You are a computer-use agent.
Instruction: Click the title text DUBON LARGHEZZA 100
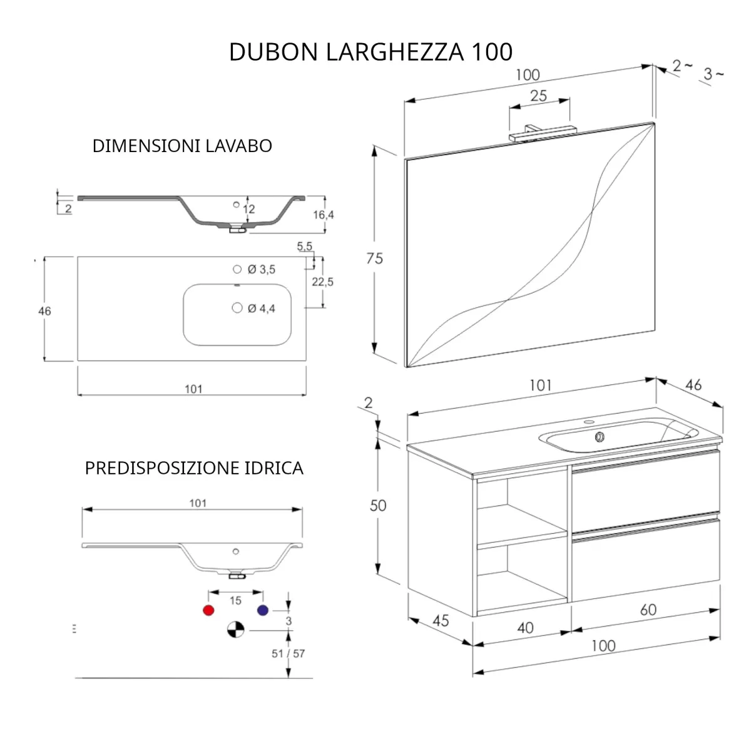[x=370, y=52]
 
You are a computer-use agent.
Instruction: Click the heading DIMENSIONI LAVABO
[x=182, y=146]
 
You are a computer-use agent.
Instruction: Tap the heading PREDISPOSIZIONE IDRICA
[x=194, y=468]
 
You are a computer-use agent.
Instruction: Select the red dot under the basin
[x=209, y=610]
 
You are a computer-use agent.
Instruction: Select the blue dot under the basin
[x=263, y=610]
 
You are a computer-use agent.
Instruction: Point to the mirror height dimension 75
[x=374, y=258]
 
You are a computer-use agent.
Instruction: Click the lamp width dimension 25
[x=538, y=96]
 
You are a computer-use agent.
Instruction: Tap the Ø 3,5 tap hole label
[x=261, y=270]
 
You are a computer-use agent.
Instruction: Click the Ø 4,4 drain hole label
[x=261, y=309]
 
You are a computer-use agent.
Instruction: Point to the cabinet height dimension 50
[x=378, y=505]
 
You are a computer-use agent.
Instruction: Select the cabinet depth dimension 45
[x=441, y=620]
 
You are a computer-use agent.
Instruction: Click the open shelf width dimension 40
[x=525, y=627]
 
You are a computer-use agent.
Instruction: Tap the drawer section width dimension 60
[x=648, y=610]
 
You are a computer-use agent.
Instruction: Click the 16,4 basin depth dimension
[x=323, y=215]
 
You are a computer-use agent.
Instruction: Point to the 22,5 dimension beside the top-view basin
[x=322, y=282]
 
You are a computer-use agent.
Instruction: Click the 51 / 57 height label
[x=288, y=653]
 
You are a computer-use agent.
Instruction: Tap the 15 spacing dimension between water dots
[x=235, y=601]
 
